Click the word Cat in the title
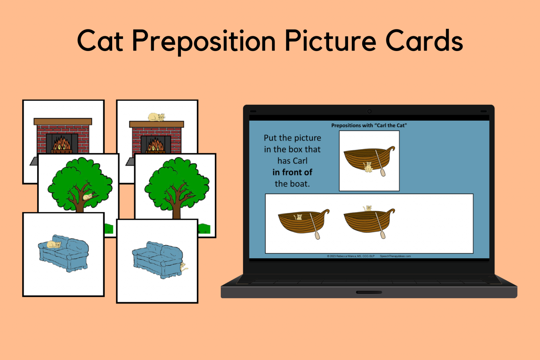point(100,41)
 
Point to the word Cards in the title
point(424,41)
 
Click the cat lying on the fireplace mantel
point(156,117)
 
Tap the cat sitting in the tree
point(88,196)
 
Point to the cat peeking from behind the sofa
point(183,267)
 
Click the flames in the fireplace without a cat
point(62,143)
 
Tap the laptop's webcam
point(369,111)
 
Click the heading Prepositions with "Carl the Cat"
point(369,126)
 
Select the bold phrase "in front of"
point(292,172)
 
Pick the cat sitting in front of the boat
point(368,167)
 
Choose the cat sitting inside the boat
point(298,217)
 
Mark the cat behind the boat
point(368,208)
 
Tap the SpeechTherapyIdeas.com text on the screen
point(395,256)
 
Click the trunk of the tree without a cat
point(176,210)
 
